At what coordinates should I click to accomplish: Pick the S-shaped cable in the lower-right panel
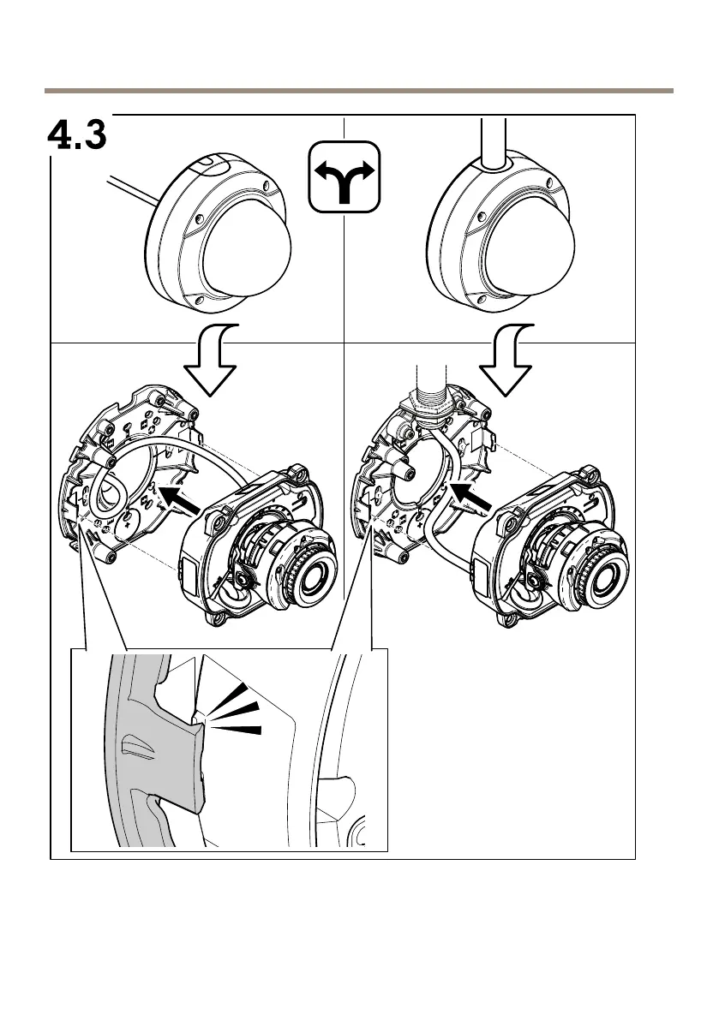coord(437,505)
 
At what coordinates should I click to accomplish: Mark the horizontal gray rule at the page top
coord(359,90)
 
